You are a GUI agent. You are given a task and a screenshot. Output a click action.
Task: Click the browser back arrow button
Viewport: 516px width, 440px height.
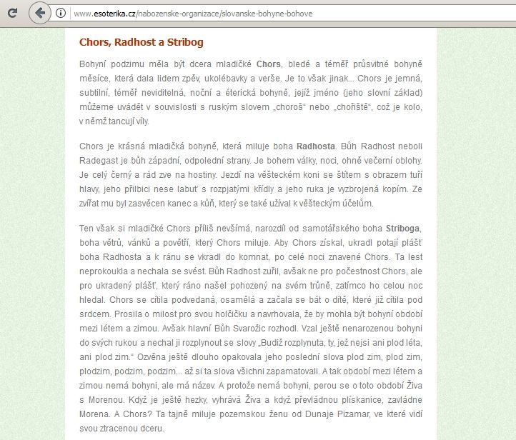pyautogui.click(x=40, y=13)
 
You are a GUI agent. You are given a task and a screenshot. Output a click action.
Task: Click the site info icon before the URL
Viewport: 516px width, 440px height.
pyautogui.click(x=61, y=14)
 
